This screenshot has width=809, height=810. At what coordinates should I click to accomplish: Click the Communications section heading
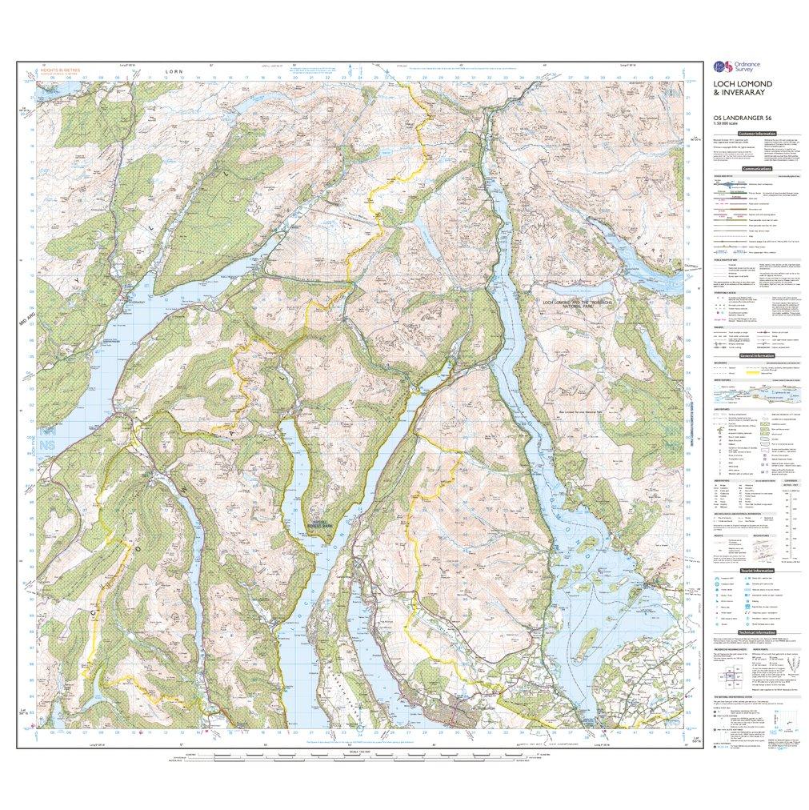pyautogui.click(x=756, y=170)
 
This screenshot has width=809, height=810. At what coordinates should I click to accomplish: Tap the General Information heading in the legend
pyautogui.click(x=756, y=355)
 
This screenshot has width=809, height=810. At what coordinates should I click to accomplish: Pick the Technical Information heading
pyautogui.click(x=756, y=632)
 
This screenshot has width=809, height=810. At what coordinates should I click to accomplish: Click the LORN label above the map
pyautogui.click(x=174, y=71)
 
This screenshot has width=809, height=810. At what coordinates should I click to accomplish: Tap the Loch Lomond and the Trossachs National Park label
pyautogui.click(x=576, y=305)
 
